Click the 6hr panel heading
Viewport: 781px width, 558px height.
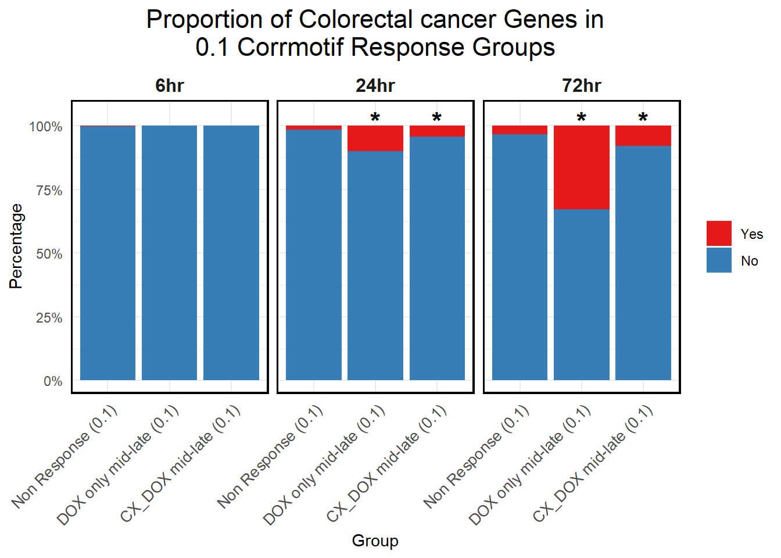170,86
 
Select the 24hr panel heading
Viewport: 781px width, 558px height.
375,86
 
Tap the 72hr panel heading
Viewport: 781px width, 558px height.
581,86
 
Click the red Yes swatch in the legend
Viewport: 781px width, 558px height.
719,234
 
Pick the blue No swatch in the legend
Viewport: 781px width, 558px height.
719,260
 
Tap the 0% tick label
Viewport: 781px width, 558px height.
53,381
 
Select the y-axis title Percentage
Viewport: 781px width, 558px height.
16,246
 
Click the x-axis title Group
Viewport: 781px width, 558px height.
375,541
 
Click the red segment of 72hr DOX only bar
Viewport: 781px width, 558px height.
581,167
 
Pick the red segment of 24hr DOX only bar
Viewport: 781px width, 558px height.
375,138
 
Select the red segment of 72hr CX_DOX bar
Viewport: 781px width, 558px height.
643,135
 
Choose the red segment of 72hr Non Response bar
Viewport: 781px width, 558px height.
520,130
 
